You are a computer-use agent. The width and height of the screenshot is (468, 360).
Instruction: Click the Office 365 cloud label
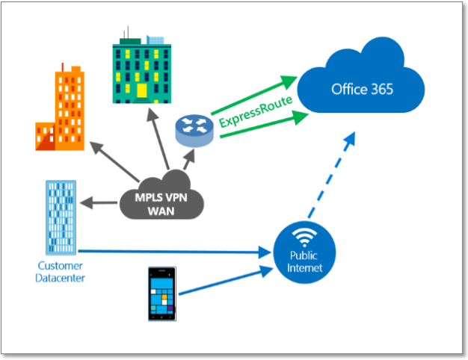tap(362, 89)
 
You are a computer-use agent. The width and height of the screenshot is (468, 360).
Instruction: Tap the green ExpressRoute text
tap(256, 111)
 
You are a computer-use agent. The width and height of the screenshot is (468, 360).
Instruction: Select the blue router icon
tap(194, 131)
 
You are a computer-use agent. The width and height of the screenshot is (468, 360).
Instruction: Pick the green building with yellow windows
tap(142, 65)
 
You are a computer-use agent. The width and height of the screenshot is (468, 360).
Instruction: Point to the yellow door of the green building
tap(142, 90)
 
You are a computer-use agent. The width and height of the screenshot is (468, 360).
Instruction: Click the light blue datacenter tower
tap(61, 217)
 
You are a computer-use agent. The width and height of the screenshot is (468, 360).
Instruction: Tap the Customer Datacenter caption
tap(60, 272)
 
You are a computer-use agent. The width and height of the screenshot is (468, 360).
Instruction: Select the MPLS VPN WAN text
tap(161, 205)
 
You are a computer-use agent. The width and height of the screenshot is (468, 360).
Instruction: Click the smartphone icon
tap(162, 294)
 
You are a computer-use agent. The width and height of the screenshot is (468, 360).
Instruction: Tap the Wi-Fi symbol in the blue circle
tap(304, 238)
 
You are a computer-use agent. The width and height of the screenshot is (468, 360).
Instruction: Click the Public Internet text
tap(304, 261)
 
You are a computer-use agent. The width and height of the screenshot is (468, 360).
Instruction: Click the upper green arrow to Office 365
tap(254, 95)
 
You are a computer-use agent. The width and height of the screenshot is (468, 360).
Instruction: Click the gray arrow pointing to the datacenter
tap(99, 203)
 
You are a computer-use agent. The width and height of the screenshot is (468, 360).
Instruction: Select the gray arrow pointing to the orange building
tap(114, 161)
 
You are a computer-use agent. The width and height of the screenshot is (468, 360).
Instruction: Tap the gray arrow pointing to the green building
tap(158, 139)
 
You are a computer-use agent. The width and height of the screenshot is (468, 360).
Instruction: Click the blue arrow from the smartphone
tap(226, 281)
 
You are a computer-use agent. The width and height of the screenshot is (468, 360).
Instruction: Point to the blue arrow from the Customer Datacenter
tap(175, 252)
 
